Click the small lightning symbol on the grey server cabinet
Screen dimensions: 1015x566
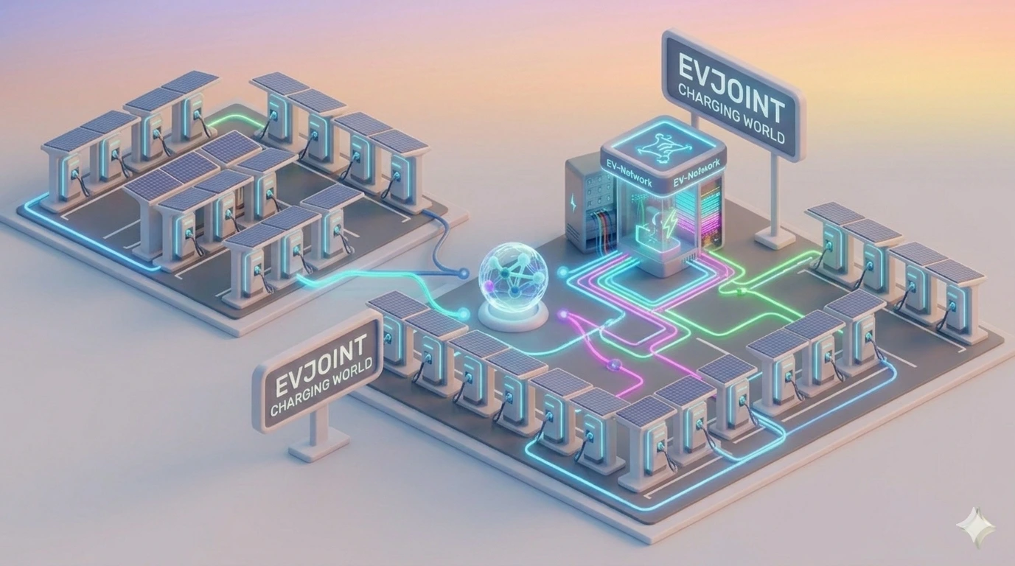coord(574,202)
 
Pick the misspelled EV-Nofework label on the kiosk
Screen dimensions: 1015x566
coord(696,178)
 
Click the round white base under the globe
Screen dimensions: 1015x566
coord(513,316)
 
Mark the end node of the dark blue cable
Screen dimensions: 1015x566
coord(463,273)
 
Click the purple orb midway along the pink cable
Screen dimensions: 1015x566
coord(615,364)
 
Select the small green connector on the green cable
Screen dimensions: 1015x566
coord(742,290)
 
